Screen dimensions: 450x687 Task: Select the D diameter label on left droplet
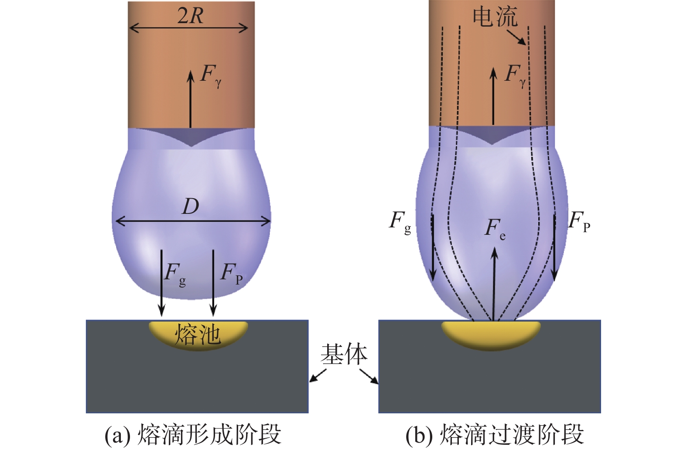click(x=191, y=206)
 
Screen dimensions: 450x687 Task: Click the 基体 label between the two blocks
click(x=344, y=354)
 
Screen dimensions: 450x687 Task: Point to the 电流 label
click(x=495, y=17)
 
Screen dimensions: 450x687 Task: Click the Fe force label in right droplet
click(x=495, y=229)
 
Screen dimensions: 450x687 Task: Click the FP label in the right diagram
click(x=579, y=221)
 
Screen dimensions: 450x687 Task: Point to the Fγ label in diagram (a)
click(x=211, y=75)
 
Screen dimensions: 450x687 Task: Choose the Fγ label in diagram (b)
click(x=515, y=75)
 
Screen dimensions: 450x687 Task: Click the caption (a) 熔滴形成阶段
click(x=193, y=434)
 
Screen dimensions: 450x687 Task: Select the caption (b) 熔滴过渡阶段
click(x=495, y=434)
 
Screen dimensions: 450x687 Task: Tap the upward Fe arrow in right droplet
click(x=494, y=284)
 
